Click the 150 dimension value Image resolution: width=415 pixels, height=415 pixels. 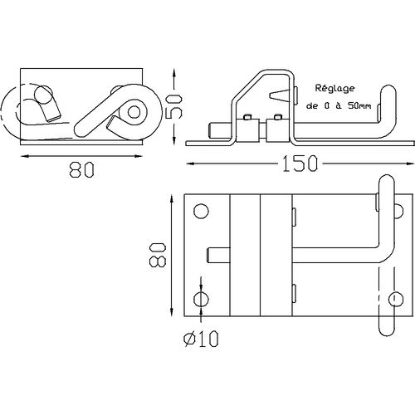(300, 164)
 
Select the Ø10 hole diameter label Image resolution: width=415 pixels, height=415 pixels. (201, 339)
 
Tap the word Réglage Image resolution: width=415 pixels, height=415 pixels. (334, 89)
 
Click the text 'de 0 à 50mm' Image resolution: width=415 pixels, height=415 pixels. (339, 105)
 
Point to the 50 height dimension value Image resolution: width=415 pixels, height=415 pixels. (173, 106)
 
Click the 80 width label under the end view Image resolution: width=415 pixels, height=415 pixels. (82, 169)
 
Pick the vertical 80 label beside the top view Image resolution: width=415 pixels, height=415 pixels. (158, 255)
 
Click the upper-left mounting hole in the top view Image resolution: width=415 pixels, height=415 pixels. (201, 212)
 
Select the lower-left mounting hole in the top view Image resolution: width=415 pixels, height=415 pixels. (201, 299)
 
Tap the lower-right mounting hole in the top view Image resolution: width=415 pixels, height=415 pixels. (396, 299)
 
